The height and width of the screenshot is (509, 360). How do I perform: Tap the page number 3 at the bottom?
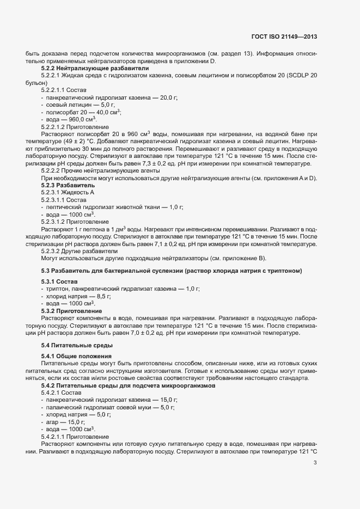(315, 463)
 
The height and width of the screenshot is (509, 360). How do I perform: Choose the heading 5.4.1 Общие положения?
(76, 355)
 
